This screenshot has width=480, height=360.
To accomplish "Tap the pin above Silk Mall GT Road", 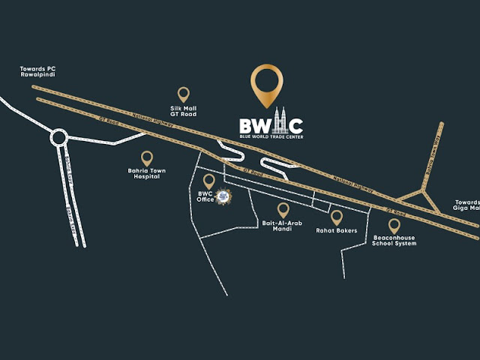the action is (183, 94).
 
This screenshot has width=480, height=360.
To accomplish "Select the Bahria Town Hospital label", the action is (146, 175).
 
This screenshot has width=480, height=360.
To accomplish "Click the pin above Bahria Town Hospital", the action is (147, 157).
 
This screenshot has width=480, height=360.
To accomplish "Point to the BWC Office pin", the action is (209, 180).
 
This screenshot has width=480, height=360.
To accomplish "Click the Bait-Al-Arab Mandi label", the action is (283, 228).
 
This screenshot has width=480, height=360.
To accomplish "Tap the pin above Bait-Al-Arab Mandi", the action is (283, 210).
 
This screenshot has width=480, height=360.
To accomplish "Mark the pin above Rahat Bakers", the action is (336, 217).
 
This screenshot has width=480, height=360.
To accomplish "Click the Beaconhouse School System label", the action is (394, 241).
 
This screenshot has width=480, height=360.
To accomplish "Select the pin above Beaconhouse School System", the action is (394, 224).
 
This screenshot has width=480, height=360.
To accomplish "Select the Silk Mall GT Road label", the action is (183, 111).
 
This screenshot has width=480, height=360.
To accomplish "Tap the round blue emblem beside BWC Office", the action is (223, 198).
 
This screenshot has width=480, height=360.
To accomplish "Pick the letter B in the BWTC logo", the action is (247, 127).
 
